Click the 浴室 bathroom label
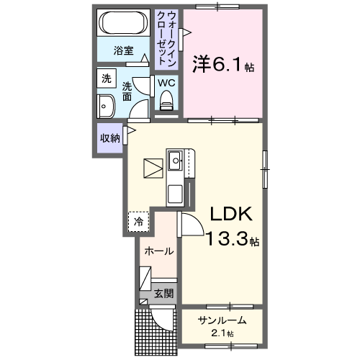[125, 50]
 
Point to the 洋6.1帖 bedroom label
[222, 66]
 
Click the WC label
[166, 83]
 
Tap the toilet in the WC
[167, 104]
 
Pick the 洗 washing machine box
[106, 78]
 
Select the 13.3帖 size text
[232, 239]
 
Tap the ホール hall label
[158, 251]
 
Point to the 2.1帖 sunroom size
[222, 334]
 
